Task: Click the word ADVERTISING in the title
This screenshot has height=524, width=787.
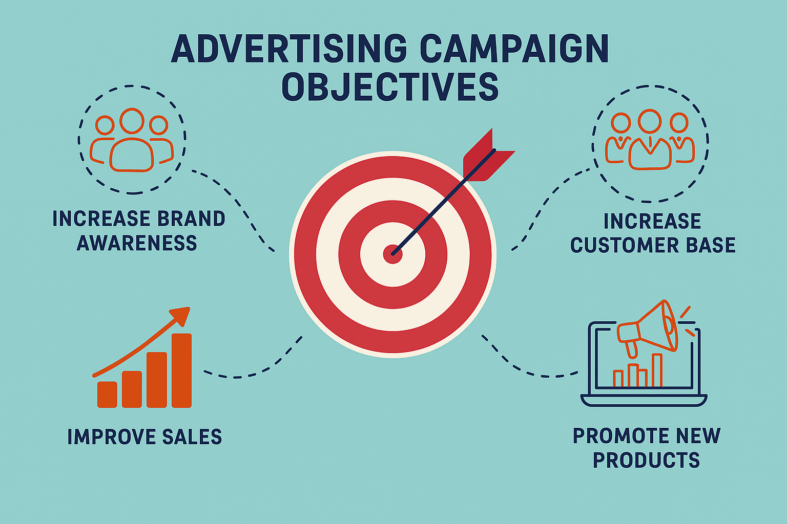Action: tap(289, 49)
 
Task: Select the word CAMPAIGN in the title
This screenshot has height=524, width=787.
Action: tap(514, 49)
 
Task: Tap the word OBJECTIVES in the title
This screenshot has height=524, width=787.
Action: tap(390, 86)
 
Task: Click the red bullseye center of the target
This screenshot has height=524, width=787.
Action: tap(392, 254)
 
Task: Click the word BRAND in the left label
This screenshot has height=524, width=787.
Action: tap(191, 219)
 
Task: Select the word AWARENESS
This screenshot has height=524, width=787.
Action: tap(137, 243)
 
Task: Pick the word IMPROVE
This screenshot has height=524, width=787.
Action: tap(111, 436)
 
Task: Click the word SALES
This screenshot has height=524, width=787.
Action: tap(192, 436)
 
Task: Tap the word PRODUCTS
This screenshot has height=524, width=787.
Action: tap(647, 460)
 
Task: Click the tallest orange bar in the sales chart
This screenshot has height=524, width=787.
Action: tap(182, 370)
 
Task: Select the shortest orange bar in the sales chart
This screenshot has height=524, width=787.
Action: tap(107, 395)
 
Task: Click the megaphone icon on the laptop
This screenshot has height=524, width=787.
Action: tap(647, 328)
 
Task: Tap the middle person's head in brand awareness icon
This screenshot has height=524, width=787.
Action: tap(132, 121)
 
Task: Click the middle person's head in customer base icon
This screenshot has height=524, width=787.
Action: tap(650, 121)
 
